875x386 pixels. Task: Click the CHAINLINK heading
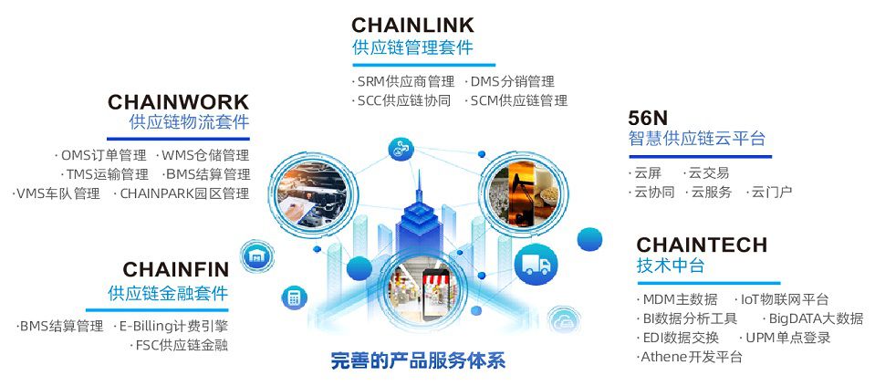tap(412, 24)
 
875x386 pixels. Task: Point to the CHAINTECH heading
tap(702, 245)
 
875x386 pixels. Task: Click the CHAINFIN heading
tap(175, 270)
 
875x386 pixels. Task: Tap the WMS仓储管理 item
tap(204, 155)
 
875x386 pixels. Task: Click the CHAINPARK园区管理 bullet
tap(183, 193)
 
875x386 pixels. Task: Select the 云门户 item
tap(772, 192)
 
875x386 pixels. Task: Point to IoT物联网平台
tap(784, 298)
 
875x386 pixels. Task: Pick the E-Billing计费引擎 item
tap(172, 326)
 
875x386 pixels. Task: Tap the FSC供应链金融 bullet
tap(181, 345)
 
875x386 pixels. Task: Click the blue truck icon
tap(536, 265)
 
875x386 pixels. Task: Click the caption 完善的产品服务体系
tap(417, 360)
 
